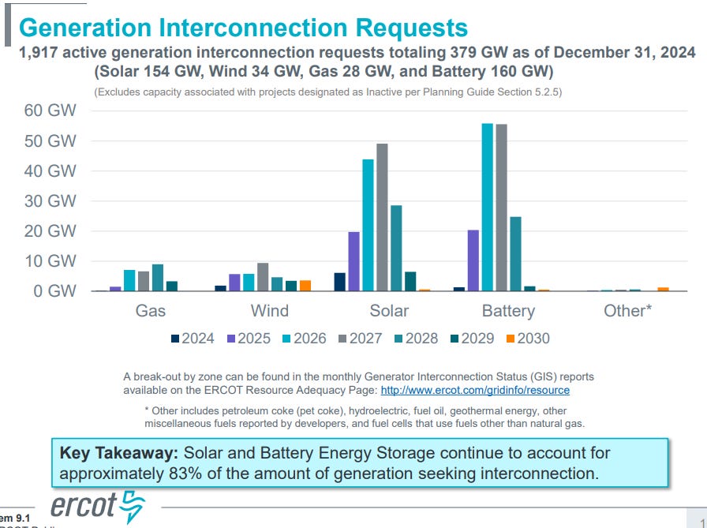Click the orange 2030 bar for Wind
[305, 286]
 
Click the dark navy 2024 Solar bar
[339, 282]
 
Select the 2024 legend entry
[192, 339]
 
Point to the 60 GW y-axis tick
[50, 110]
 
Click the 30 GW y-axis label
[50, 200]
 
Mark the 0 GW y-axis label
[54, 290]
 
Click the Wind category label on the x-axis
[269, 310]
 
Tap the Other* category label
[627, 310]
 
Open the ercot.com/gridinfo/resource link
[475, 390]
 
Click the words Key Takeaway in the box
[119, 454]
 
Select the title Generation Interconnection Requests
[243, 28]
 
